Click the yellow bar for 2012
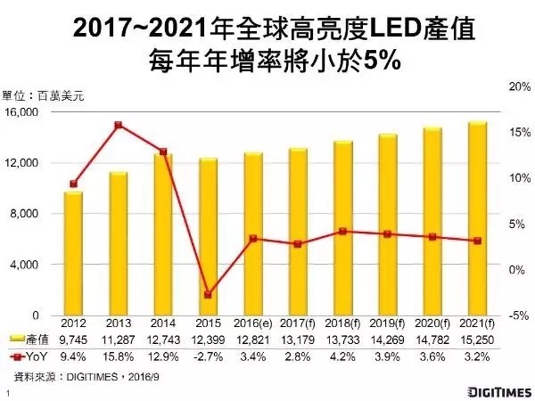tap(73, 253)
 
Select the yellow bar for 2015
tap(207, 236)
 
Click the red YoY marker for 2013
tap(118, 125)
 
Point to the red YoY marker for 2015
tap(208, 294)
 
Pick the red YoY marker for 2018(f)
tap(342, 231)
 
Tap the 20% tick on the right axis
tap(517, 86)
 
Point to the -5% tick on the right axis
tap(518, 315)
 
